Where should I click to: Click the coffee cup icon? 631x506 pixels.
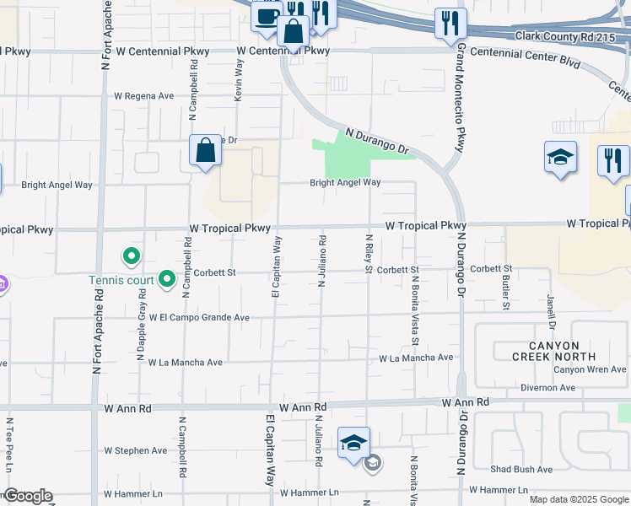[x=267, y=16]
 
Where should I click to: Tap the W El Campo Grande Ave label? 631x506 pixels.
[x=200, y=318]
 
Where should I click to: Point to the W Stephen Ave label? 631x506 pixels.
[x=136, y=451]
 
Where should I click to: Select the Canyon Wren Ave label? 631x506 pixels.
[x=590, y=369]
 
